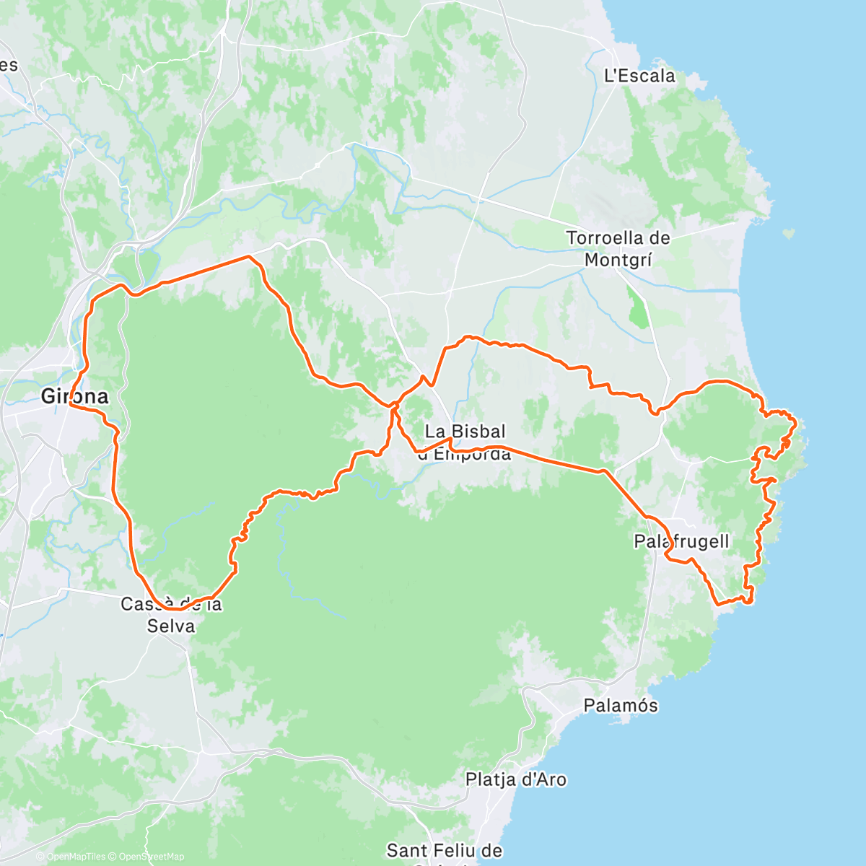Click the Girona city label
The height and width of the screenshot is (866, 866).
click(74, 396)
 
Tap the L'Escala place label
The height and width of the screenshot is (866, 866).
click(639, 76)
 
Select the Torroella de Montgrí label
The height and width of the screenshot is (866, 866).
click(618, 248)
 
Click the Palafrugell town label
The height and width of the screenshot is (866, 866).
click(681, 541)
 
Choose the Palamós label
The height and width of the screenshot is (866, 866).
click(621, 705)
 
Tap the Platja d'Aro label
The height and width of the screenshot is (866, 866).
click(516, 779)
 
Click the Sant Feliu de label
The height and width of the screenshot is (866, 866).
click(445, 851)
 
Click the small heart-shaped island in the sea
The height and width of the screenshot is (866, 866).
click(790, 234)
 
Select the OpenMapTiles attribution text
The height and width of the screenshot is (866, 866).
click(75, 857)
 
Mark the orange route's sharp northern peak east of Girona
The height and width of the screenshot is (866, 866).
click(248, 256)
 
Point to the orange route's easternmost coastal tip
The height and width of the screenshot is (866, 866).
click(795, 421)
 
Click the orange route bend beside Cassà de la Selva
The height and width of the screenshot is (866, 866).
click(173, 609)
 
